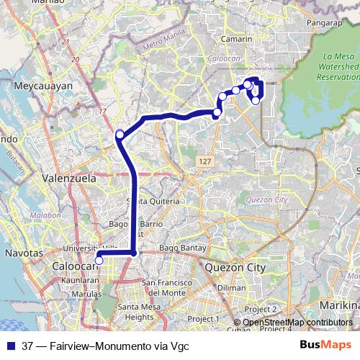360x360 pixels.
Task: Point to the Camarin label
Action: tap(237, 39)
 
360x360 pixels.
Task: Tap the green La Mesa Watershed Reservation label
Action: tap(336, 66)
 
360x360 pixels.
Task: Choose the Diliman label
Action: tap(231, 287)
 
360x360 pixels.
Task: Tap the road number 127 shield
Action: tap(206, 163)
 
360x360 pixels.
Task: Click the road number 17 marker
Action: tap(102, 112)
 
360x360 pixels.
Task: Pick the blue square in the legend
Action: tap(10, 346)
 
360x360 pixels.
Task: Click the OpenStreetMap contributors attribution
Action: tap(297, 323)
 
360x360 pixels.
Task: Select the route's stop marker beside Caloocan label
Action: tap(99, 261)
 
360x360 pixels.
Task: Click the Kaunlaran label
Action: tap(79, 279)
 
